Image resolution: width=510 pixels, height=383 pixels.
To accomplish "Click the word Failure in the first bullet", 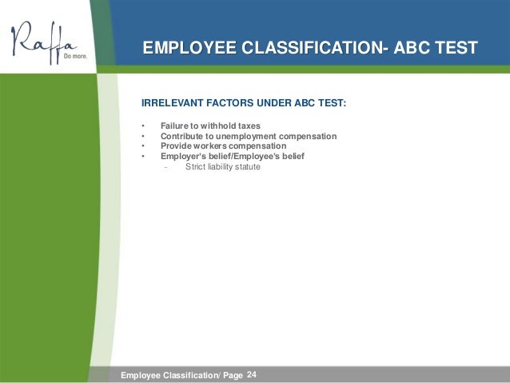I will [x=175, y=126].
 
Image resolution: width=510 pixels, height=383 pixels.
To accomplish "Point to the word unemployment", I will [x=251, y=136].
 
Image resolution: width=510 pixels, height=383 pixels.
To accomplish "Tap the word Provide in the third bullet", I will [x=177, y=146].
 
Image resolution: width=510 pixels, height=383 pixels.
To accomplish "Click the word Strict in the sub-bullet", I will [x=196, y=167].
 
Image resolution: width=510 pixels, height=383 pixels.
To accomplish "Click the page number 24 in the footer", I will [x=253, y=374].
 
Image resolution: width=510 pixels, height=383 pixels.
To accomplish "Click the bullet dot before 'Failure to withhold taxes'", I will [x=142, y=126].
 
